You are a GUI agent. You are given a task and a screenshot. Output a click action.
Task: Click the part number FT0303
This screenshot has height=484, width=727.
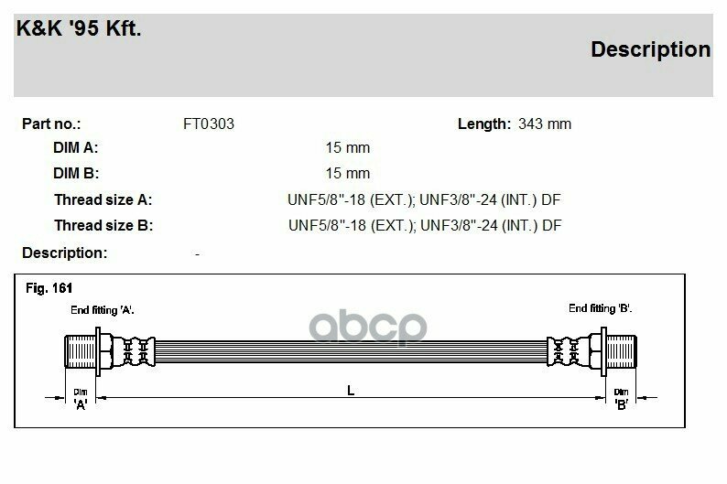pyautogui.click(x=209, y=124)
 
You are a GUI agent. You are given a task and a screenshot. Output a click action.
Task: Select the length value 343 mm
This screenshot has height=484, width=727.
pyautogui.click(x=545, y=124)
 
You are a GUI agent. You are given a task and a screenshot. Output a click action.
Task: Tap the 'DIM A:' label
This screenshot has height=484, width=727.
pyautogui.click(x=76, y=147)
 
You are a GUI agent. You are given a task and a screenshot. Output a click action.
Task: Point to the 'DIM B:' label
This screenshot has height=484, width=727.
pyautogui.click(x=76, y=173)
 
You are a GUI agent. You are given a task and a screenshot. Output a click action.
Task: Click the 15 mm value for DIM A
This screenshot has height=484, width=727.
pyautogui.click(x=348, y=147)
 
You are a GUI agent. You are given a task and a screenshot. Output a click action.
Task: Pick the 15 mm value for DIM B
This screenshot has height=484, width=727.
pyautogui.click(x=348, y=173)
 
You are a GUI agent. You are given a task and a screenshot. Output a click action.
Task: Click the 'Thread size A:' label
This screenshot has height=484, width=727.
pyautogui.click(x=103, y=199)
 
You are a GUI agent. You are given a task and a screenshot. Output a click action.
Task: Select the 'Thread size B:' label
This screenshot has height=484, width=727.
pyautogui.click(x=103, y=226)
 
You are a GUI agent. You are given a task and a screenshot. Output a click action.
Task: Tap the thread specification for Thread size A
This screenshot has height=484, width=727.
pyautogui.click(x=424, y=199)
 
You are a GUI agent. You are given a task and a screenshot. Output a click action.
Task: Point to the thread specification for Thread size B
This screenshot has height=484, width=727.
pyautogui.click(x=425, y=226)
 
